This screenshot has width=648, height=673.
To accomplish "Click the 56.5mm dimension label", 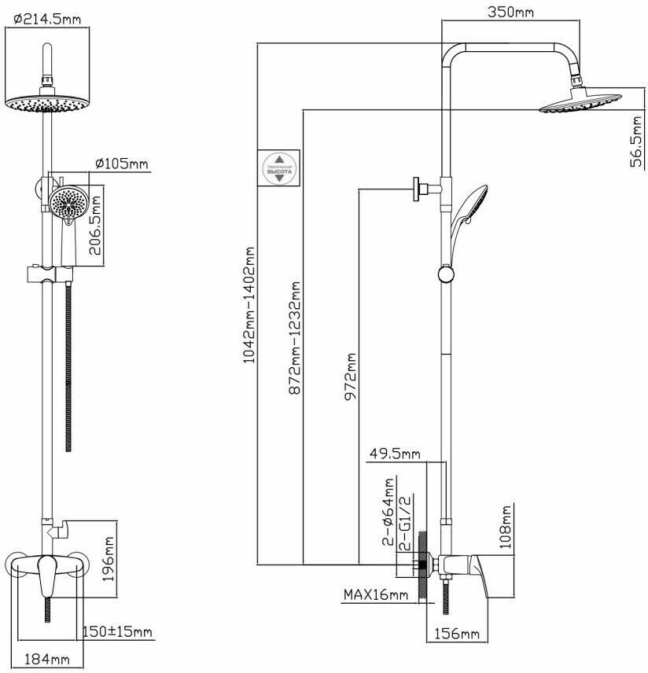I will [639, 141].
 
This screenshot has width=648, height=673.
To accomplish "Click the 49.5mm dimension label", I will [395, 454].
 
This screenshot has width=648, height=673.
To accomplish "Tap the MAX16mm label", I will [376, 595].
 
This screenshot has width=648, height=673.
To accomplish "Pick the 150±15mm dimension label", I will [119, 631].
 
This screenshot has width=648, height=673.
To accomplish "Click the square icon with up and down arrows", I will [279, 167].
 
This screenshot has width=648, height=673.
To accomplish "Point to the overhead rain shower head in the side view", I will [580, 101].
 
